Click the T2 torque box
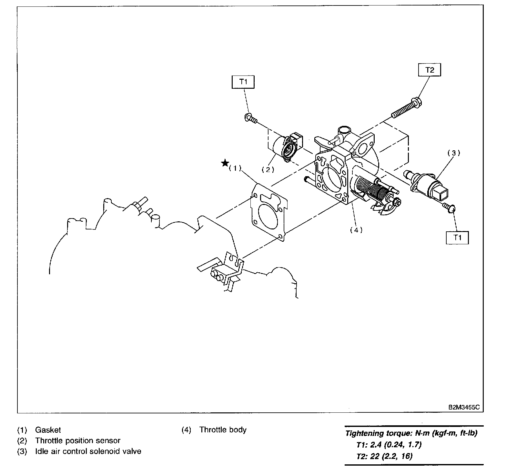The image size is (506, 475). click(430, 70)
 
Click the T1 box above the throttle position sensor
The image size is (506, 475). click(243, 82)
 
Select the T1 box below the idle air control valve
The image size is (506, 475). click(457, 238)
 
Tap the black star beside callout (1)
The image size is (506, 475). click(225, 163)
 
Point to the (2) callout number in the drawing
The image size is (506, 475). click(268, 169)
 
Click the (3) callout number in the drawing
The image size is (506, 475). click(453, 153)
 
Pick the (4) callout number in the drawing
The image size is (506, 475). click(356, 230)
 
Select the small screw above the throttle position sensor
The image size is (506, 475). click(250, 118)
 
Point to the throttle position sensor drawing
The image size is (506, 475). click(287, 148)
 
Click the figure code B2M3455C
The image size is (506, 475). click(463, 407)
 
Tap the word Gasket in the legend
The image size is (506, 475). click(48, 430)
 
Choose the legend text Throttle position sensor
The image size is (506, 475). click(78, 440)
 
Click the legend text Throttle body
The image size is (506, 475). click(223, 430)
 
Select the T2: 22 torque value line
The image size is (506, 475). click(384, 456)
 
